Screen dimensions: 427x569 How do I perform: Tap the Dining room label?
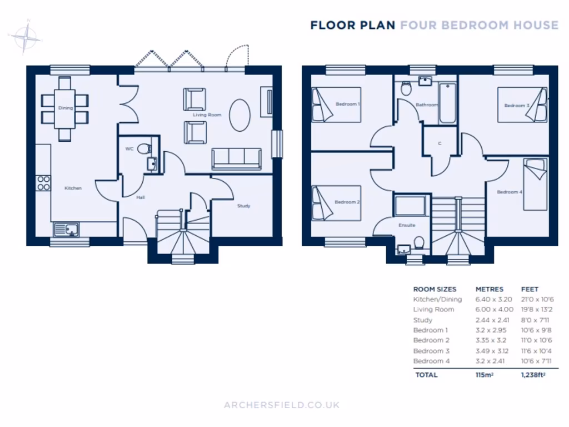point(66,108)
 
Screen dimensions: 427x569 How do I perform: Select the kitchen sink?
point(66,229)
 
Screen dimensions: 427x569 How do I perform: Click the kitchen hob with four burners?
point(43,183)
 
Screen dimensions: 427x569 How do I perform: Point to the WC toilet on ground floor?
point(144,149)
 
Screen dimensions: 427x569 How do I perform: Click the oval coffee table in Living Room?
point(240,115)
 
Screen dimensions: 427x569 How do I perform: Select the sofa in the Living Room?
point(236,158)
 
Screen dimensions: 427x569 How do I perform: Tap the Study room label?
point(243,206)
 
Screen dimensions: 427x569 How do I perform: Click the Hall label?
point(141,197)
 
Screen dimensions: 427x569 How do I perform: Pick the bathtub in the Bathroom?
point(447,103)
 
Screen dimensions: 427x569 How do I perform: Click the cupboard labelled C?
point(440,143)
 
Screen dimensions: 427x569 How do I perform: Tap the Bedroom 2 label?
point(347,202)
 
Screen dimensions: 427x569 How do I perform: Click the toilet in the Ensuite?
point(419,242)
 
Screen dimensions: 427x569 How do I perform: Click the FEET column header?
point(530,289)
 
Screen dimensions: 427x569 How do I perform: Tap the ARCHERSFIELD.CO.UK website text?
point(282,405)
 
